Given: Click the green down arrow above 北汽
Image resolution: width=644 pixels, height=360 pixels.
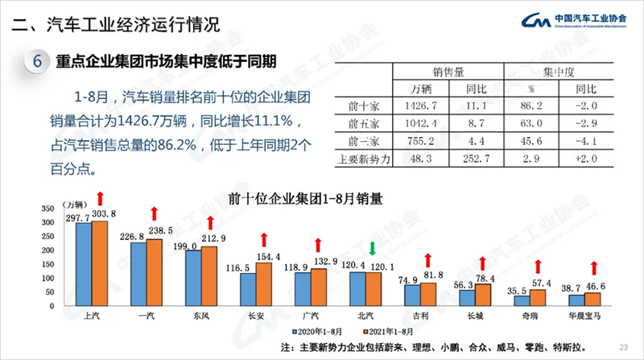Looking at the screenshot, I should pos(372,246).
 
